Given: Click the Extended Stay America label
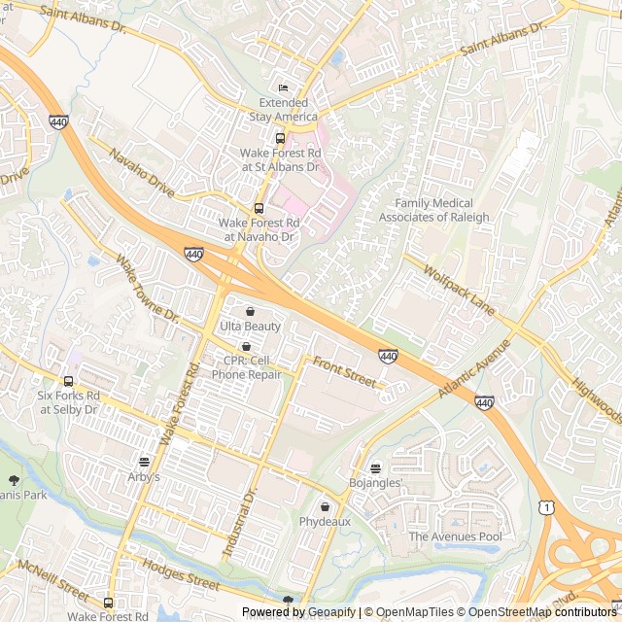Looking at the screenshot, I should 283,110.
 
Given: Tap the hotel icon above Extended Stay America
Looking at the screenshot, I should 283,88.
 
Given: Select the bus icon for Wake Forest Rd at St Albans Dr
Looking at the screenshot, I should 280,138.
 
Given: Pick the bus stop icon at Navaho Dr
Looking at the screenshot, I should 259,208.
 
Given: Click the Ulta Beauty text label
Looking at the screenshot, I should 250,327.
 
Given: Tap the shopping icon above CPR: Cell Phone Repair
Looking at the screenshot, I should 246,346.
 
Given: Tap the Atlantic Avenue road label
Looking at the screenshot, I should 474,367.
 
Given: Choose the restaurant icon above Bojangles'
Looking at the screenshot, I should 376,467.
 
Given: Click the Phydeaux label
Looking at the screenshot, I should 325,522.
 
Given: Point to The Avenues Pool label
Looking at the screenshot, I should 455,536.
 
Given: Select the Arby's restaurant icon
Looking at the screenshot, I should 144,462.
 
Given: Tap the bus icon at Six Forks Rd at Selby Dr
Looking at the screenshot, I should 68,382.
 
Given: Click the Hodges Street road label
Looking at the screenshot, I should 181,574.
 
